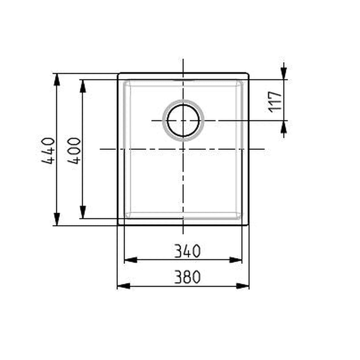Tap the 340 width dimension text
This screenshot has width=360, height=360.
point(187,251)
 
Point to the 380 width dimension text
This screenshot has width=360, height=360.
point(187,277)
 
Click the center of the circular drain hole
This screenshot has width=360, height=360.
point(183,120)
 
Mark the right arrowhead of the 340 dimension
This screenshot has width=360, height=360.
point(236,260)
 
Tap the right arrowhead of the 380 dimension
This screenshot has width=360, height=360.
point(242,286)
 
